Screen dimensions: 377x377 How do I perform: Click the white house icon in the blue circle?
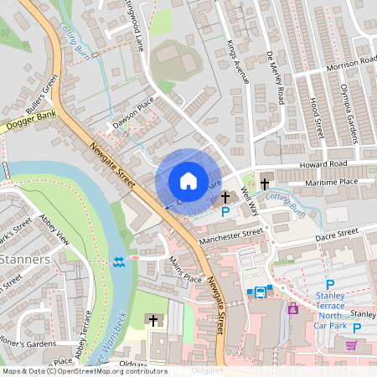click(188, 180)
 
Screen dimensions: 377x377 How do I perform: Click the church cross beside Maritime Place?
click(265, 183)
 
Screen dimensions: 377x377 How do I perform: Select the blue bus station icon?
click(260, 292)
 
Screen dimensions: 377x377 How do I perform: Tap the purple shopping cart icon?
click(352, 344)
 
